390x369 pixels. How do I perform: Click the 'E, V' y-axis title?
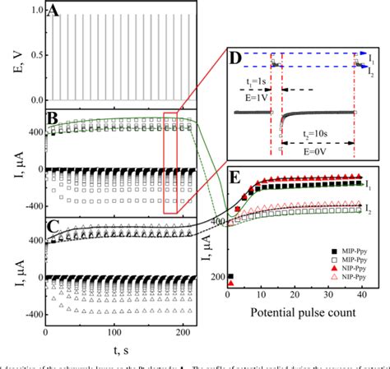[10, 54]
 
